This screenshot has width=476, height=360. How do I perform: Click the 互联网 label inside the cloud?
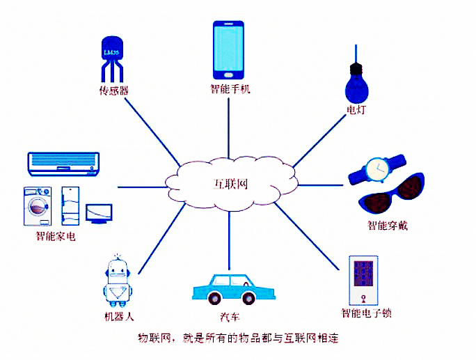231,185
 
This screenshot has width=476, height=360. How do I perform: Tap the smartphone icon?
228,50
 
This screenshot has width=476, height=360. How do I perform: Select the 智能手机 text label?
230,88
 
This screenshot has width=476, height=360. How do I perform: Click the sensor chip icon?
112,59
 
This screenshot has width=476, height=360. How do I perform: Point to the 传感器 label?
114,91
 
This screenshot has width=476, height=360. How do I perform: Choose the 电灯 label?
356,109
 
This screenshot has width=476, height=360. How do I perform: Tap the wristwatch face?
378,169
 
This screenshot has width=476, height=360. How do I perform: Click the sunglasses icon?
392,193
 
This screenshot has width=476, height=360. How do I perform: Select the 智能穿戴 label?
388,226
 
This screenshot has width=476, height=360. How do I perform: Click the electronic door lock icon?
363,280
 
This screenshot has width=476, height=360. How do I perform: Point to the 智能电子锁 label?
366,313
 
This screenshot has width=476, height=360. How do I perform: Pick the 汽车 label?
230,317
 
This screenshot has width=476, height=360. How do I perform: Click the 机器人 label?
119,317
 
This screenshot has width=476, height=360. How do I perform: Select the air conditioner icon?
63,164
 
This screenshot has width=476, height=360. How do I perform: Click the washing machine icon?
38,206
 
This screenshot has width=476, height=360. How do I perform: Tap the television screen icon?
99,214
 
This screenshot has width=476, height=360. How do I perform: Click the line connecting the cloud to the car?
229,241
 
